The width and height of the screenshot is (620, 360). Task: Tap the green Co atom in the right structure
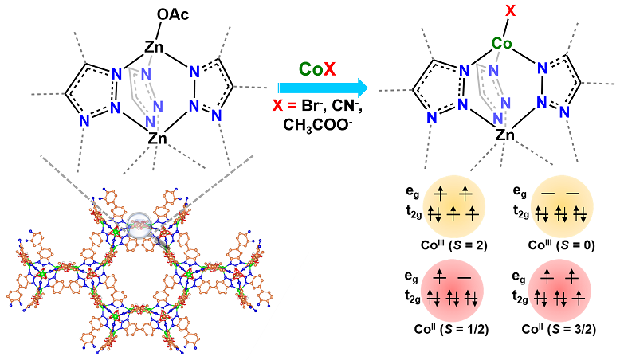pyautogui.click(x=501, y=43)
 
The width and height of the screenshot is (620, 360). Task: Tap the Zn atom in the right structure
pyautogui.click(x=503, y=136)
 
